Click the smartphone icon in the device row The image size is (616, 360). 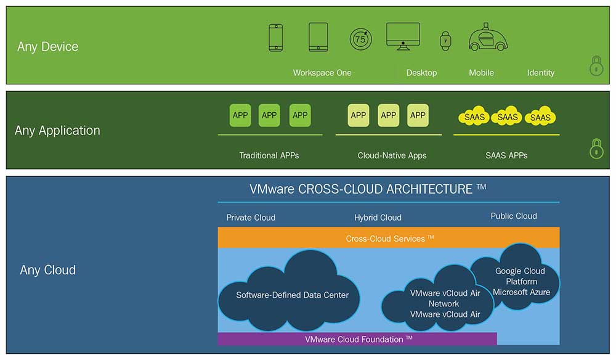click(x=275, y=38)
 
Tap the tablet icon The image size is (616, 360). click(x=318, y=37)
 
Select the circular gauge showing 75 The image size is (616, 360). click(x=361, y=39)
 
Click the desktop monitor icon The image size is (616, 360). click(x=403, y=36)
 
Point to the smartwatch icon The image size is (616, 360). click(x=445, y=41)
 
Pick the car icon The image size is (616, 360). click(x=488, y=38)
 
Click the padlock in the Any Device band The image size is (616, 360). click(x=596, y=65)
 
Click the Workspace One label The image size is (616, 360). click(x=322, y=73)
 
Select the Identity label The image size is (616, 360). click(x=541, y=73)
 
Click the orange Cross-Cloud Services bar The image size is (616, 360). click(x=389, y=238)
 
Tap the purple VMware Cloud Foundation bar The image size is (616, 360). click(x=357, y=339)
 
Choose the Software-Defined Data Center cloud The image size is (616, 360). click(x=292, y=294)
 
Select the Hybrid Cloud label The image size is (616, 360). click(x=378, y=218)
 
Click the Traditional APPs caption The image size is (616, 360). click(x=269, y=155)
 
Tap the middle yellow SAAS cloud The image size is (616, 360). click(x=508, y=117)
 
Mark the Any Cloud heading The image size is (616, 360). click(x=47, y=270)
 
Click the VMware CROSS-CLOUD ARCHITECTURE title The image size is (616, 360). click(x=368, y=189)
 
